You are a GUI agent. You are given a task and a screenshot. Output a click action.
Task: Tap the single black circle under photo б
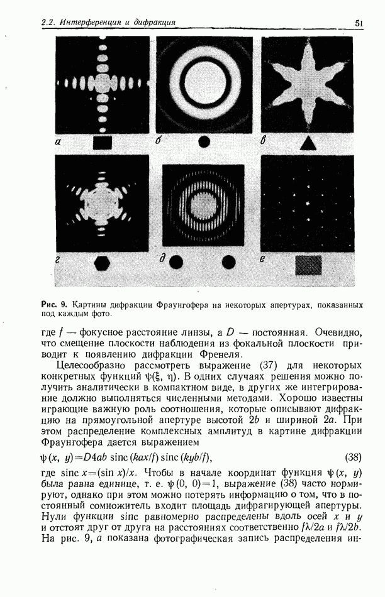204,143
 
